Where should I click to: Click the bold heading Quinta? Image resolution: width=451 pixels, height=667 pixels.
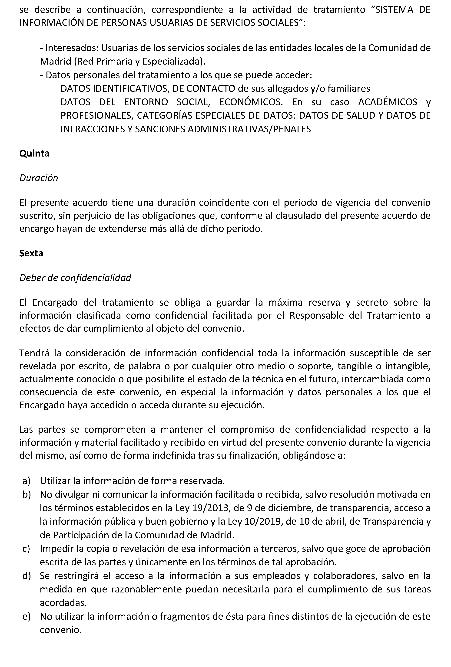coord(34,153)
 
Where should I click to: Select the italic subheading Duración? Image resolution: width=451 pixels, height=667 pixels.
coord(39,178)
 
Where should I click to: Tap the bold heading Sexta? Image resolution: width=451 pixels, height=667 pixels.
coord(31,253)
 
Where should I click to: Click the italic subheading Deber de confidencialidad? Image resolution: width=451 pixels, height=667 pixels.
coord(75,278)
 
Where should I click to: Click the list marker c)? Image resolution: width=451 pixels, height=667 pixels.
coord(26,549)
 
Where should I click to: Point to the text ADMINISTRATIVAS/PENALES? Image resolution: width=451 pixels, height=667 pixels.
coord(249,129)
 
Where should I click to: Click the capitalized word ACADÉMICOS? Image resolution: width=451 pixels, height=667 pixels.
coord(388,102)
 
